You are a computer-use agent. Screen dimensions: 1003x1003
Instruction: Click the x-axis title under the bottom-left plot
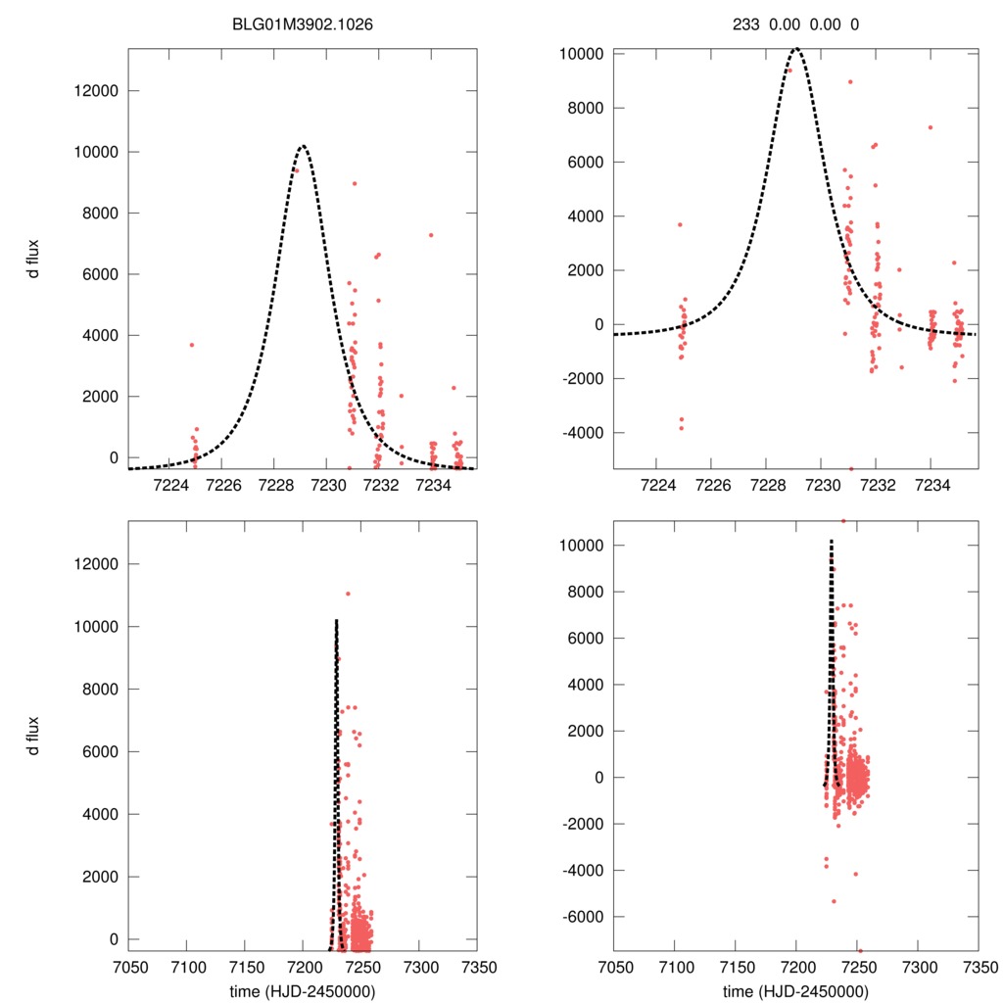pyautogui.click(x=302, y=991)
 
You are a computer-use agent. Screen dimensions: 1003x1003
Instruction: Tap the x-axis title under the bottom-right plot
pyautogui.click(x=795, y=991)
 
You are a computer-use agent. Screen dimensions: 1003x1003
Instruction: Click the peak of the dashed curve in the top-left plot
pyautogui.click(x=302, y=147)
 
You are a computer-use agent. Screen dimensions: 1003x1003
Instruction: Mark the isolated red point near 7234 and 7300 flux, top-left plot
pyautogui.click(x=430, y=235)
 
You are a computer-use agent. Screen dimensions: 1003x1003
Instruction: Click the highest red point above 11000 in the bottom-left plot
pyautogui.click(x=348, y=594)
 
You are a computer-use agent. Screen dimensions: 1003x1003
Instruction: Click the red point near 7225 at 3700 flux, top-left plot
pyautogui.click(x=192, y=345)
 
